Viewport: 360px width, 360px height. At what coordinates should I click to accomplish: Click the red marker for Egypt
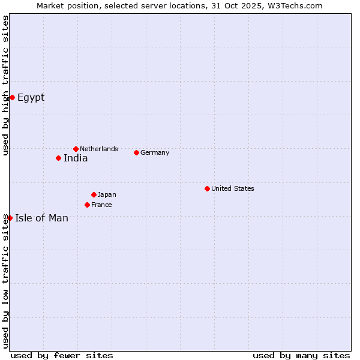click(12, 97)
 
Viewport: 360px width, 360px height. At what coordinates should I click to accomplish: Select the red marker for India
click(58, 158)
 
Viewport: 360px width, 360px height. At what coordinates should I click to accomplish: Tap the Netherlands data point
click(76, 149)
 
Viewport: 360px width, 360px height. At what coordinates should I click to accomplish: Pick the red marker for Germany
click(136, 152)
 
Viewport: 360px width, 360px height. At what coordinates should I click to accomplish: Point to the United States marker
click(207, 188)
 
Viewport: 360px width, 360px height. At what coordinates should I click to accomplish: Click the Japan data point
click(94, 194)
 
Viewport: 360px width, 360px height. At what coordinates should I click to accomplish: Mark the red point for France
click(87, 205)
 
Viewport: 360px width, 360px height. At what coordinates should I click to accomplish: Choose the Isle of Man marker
click(10, 218)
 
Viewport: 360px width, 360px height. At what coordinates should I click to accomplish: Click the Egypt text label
click(31, 97)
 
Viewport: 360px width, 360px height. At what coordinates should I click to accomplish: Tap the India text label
click(76, 158)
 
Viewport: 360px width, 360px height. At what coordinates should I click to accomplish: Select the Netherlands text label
click(99, 149)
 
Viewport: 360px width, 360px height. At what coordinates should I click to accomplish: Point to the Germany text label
click(155, 152)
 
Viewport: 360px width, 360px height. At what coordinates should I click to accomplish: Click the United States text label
click(233, 188)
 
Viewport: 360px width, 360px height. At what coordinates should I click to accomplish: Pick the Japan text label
click(107, 194)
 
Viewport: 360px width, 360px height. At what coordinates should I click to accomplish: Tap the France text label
click(101, 205)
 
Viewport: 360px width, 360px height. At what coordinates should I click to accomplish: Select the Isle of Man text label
click(41, 218)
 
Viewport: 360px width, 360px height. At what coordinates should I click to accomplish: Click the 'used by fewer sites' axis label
click(62, 355)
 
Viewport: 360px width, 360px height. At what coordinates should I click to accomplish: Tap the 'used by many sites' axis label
click(301, 355)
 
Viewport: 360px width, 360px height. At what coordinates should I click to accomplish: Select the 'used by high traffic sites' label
click(5, 85)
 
